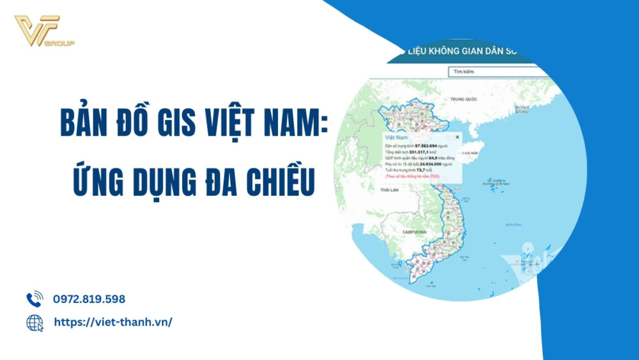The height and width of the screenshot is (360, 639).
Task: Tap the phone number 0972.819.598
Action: [x=89, y=299]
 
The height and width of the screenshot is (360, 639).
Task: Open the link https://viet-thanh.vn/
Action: [x=112, y=322]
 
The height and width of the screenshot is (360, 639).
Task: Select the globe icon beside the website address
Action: [x=35, y=323]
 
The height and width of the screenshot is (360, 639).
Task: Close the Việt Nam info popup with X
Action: [x=457, y=136]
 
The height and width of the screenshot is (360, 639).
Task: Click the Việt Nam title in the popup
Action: [x=396, y=137]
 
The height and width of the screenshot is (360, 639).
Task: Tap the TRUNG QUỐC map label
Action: [x=464, y=99]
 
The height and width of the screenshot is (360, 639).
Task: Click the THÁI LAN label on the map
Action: [x=389, y=191]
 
